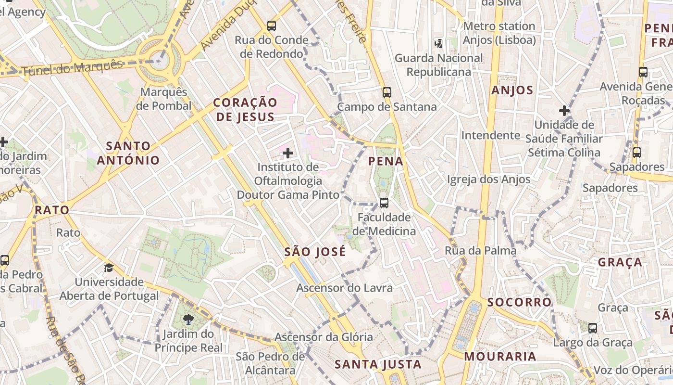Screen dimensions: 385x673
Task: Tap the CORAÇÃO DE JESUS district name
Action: pos(245,109)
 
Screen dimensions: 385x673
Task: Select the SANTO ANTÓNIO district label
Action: pos(128,153)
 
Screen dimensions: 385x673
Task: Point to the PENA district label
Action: pos(386,161)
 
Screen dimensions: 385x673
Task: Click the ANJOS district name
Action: pos(512,90)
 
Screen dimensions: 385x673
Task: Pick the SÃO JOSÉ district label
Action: pos(315,252)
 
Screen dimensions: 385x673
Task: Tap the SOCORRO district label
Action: pos(520,302)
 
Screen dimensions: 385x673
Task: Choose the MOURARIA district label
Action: pos(500,357)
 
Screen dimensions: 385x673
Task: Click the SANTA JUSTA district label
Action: pos(378,364)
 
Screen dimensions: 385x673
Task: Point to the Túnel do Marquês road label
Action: pos(72,68)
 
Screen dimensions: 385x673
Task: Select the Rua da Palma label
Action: pos(481,250)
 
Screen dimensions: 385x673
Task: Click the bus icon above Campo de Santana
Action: pos(387,92)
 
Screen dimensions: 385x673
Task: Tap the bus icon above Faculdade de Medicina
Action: pos(384,203)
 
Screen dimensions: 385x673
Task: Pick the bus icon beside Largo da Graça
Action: pos(593,328)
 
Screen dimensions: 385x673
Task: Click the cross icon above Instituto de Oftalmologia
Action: pos(288,154)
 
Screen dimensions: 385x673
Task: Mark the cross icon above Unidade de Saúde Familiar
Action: pos(564,111)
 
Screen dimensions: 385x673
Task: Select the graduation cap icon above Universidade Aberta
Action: pos(109,268)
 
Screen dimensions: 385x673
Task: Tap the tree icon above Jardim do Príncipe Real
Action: pos(188,319)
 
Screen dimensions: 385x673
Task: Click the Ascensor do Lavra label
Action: pos(345,288)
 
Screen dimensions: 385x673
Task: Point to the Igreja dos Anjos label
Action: pos(489,180)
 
